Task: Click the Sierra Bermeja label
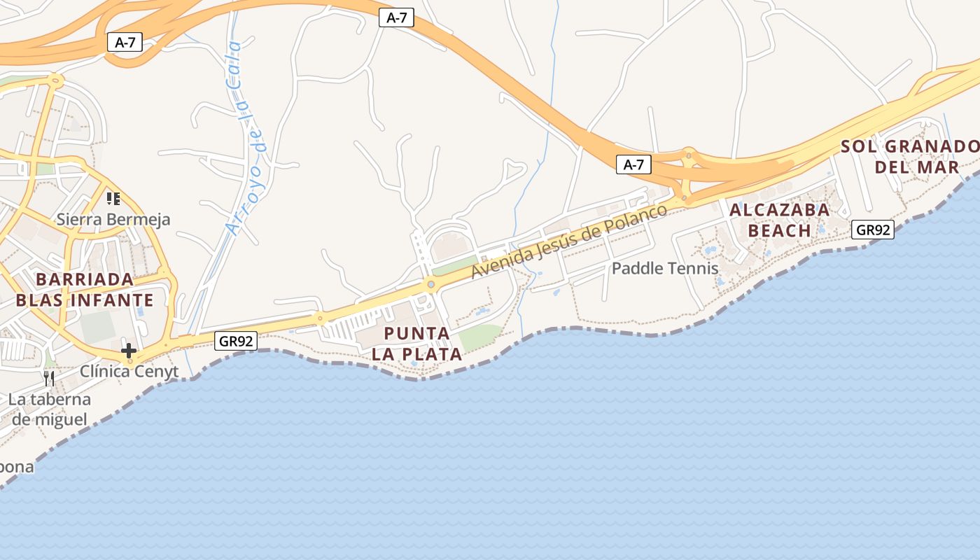pyautogui.click(x=113, y=219)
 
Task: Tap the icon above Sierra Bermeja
pyautogui.click(x=113, y=199)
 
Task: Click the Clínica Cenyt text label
pyautogui.click(x=129, y=371)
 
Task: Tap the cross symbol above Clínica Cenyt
pyautogui.click(x=129, y=350)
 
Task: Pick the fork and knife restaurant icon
pyautogui.click(x=49, y=379)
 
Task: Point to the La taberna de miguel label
pyautogui.click(x=50, y=409)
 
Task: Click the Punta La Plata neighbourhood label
pyautogui.click(x=416, y=343)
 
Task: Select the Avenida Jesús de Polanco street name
pyautogui.click(x=568, y=241)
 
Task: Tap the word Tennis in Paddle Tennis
pyautogui.click(x=692, y=268)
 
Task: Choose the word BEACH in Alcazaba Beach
pyautogui.click(x=779, y=230)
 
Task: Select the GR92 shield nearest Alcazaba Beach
pyautogui.click(x=873, y=229)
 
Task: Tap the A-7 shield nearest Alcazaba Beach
pyautogui.click(x=633, y=164)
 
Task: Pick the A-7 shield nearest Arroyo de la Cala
pyautogui.click(x=125, y=42)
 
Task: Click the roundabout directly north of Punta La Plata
pyautogui.click(x=430, y=284)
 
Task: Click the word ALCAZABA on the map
pyautogui.click(x=779, y=209)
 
